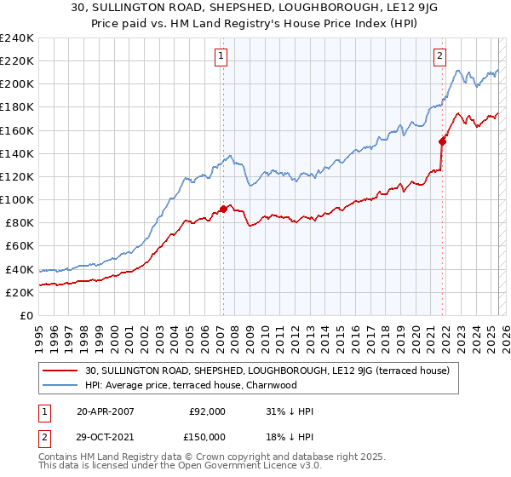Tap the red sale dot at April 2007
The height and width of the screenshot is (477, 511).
[223, 209]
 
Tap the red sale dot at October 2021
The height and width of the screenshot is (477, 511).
[442, 141]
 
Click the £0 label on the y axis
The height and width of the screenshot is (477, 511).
[26, 315]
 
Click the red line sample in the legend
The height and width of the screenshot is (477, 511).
[60, 371]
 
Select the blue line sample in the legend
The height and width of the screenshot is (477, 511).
[60, 385]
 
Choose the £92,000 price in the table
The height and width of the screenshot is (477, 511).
[207, 411]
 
